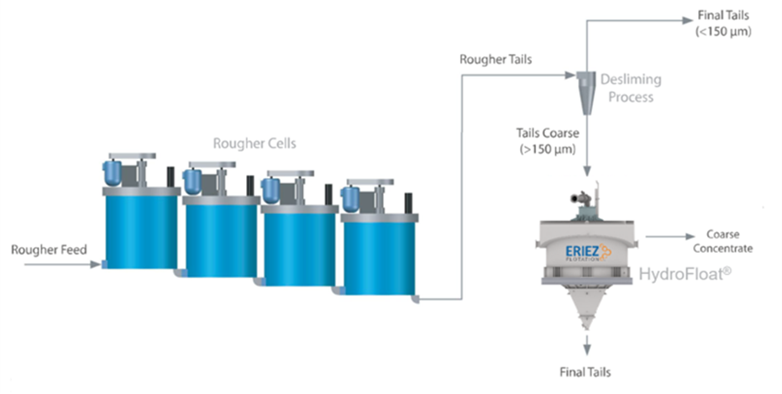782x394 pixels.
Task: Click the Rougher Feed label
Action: [x=49, y=250]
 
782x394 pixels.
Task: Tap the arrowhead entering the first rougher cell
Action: [x=95, y=265]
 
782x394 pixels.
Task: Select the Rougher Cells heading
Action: [x=255, y=144]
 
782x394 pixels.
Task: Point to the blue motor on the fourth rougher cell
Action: [x=350, y=199]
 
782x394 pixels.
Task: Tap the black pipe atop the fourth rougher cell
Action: [x=408, y=203]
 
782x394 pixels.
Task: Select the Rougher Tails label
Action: [x=496, y=60]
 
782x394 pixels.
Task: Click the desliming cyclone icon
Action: [x=586, y=92]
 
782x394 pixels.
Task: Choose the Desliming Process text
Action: [x=631, y=87]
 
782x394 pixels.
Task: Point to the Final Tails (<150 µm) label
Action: [x=723, y=23]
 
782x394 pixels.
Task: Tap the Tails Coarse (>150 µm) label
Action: [x=548, y=141]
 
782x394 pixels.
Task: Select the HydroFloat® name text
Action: [x=685, y=274]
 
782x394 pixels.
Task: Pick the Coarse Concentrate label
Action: [x=722, y=241]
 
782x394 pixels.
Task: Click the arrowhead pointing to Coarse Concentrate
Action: [x=690, y=237]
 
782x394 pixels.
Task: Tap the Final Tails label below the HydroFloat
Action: [x=585, y=372]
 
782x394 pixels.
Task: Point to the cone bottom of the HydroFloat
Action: [x=586, y=307]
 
